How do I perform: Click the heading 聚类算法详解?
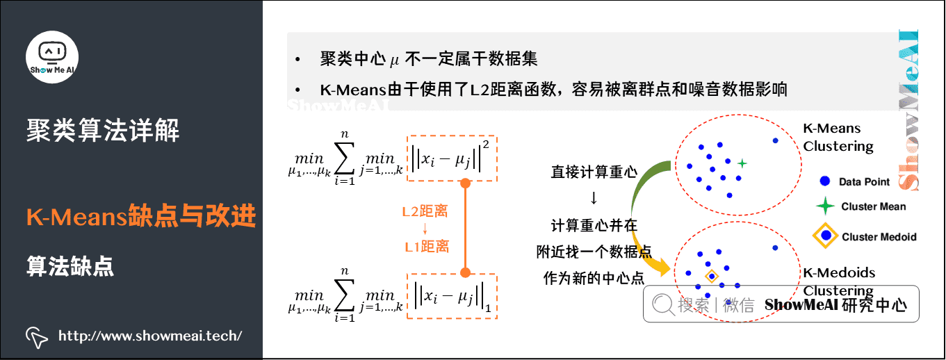[x=103, y=130]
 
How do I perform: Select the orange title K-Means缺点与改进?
[x=141, y=217]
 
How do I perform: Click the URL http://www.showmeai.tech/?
[x=150, y=336]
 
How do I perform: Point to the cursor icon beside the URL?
[x=36, y=336]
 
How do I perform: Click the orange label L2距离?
[x=425, y=211]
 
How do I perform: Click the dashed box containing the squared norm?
[x=452, y=158]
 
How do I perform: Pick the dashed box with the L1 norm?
[x=452, y=296]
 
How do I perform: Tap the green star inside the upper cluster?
[x=742, y=163]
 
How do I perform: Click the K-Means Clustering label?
[x=838, y=137]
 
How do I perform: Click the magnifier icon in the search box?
[x=662, y=304]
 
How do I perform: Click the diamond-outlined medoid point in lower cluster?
[x=712, y=276]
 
